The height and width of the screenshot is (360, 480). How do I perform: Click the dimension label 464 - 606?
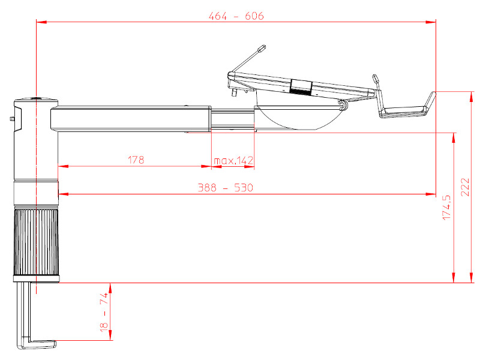tap(236, 16)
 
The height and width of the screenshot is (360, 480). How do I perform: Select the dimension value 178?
tap(136, 160)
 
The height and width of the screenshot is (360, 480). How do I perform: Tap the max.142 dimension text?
tap(233, 160)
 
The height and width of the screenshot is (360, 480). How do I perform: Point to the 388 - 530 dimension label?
tap(226, 187)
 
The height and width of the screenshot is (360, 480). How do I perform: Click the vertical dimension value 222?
tap(465, 187)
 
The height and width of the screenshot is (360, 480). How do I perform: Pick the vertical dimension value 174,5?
tap(446, 207)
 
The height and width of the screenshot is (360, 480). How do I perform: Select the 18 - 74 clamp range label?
tap(104, 311)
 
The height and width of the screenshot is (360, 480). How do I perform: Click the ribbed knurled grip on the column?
tap(36, 242)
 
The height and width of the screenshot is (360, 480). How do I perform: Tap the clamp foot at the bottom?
tap(37, 344)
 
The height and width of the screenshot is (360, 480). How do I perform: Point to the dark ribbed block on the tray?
tap(301, 88)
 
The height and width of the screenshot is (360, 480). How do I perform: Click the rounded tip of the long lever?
tap(262, 49)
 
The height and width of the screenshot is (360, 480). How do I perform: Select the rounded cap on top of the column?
tap(36, 101)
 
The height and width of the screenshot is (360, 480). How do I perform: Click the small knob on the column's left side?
tap(12, 118)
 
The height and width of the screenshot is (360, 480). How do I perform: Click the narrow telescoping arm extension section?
tap(233, 119)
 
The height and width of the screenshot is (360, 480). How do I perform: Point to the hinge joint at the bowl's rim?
tap(343, 105)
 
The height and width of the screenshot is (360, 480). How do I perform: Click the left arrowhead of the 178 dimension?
tap(63, 166)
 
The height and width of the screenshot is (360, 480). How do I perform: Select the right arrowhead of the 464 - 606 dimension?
tap(431, 22)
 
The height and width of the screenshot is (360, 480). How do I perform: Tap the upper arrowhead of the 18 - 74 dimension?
tap(110, 288)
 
